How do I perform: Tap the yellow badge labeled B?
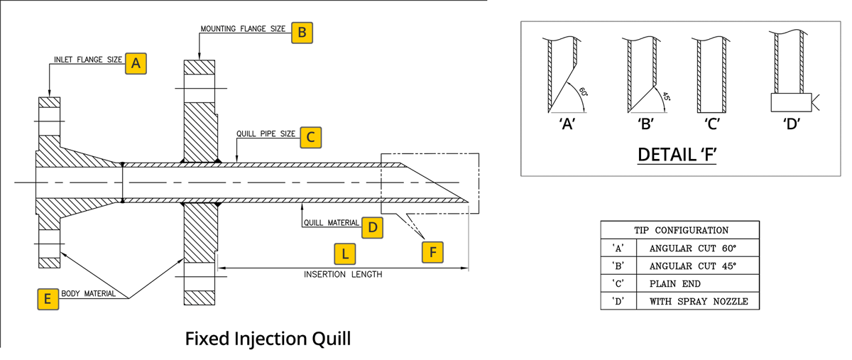pos(302,32)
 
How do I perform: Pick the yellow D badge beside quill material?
pos(372,227)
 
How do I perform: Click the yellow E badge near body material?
pos(48,299)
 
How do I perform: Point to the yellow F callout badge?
pos(432,252)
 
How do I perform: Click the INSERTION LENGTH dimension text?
pos(343,274)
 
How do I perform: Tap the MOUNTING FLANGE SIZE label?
pos(243,30)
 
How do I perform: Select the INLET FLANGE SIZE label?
pos(88,60)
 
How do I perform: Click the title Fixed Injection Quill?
pos(268,338)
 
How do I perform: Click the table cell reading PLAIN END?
pos(675,284)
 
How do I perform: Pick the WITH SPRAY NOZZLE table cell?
pos(699,302)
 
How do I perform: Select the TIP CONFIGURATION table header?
pos(680,230)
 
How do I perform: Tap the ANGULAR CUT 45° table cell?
pos(693,266)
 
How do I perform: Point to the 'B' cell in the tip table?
pos(618,266)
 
